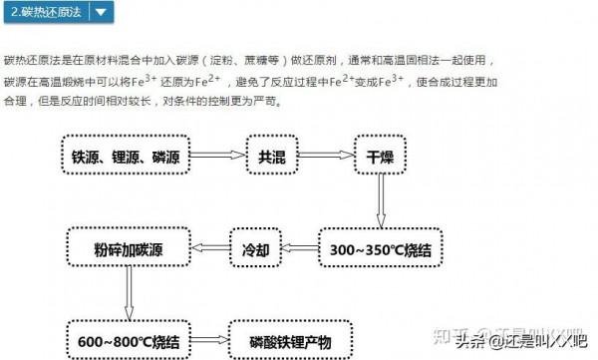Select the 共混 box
coord(273,158)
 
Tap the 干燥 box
coord(380,158)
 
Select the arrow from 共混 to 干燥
coord(327,158)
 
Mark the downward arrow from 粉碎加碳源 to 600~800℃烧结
coord(128,295)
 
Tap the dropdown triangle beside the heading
coord(102,13)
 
